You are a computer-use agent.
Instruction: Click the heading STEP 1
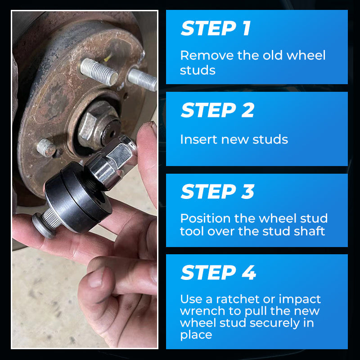216,28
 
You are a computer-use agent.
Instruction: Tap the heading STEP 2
217,110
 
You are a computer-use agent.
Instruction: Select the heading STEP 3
217,191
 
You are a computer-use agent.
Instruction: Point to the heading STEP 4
218,272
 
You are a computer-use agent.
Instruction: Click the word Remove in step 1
207,55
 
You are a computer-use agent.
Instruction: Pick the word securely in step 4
274,323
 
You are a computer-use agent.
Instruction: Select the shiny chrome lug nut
110,162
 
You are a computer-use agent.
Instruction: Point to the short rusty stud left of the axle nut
46,148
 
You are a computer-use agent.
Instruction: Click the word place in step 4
196,335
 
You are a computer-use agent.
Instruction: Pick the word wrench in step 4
202,311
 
